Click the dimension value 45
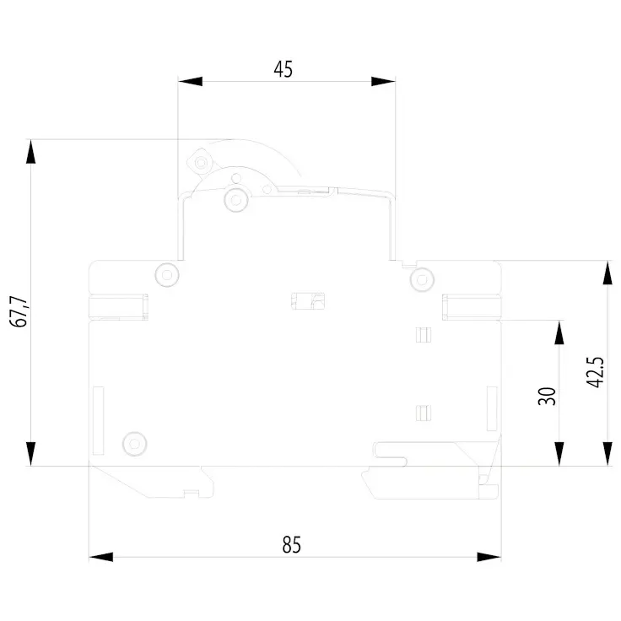[283, 69]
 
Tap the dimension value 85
[291, 544]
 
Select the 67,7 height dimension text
[19, 311]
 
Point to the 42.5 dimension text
[595, 372]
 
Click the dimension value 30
[547, 396]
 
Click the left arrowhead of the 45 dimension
[190, 81]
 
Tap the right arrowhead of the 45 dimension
[383, 81]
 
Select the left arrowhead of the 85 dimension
[101, 557]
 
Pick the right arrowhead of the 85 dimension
[489, 557]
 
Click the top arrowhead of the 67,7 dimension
[30, 151]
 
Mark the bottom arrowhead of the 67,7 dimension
[30, 454]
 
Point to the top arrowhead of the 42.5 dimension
[607, 273]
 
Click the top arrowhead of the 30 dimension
[559, 332]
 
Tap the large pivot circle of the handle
[236, 199]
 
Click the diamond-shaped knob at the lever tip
[201, 162]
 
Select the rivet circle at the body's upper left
[167, 274]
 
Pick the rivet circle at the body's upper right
[422, 279]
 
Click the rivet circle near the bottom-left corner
[135, 444]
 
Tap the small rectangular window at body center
[308, 301]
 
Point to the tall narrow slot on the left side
[98, 420]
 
